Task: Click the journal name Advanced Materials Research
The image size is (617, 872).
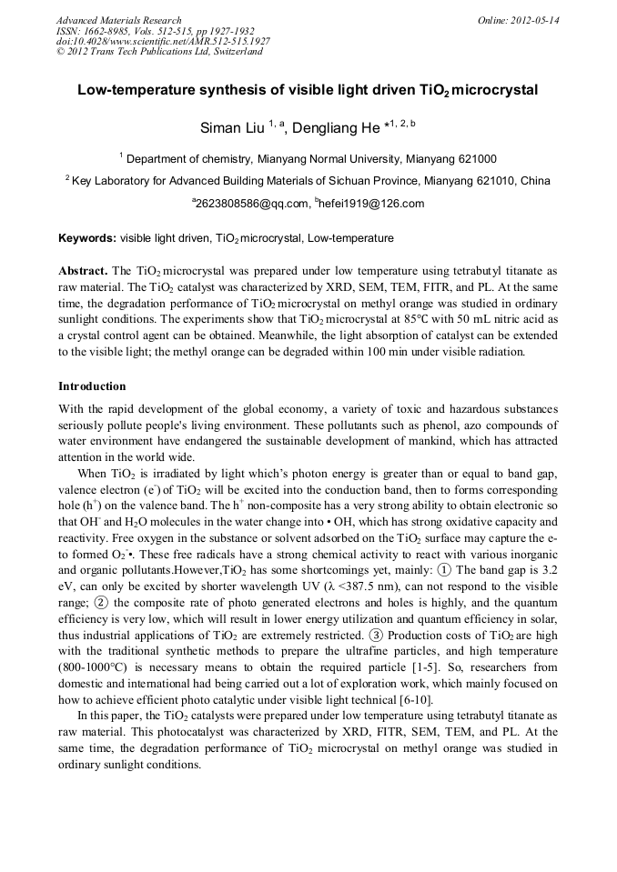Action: (x=118, y=20)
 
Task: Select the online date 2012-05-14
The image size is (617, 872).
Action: (x=534, y=20)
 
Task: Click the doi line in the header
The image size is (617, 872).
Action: (x=163, y=42)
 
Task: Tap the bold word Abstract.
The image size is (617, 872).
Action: (x=83, y=271)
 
